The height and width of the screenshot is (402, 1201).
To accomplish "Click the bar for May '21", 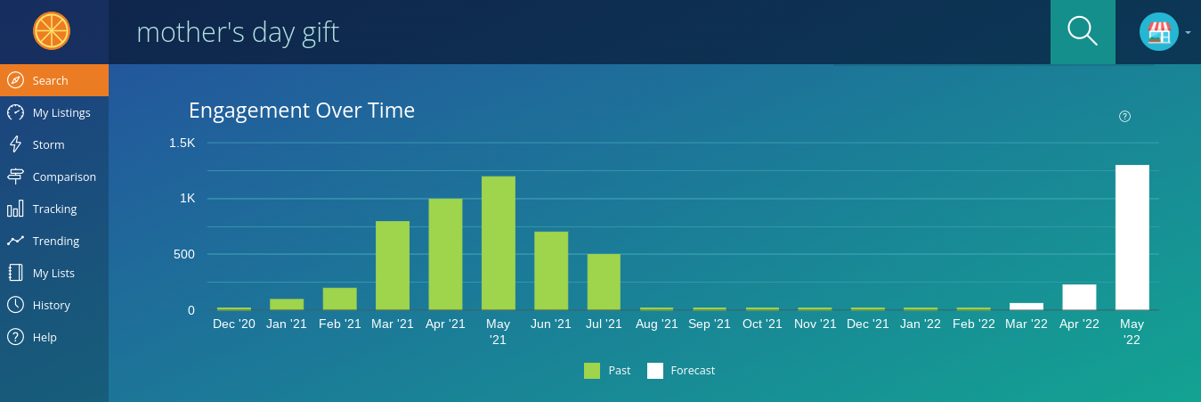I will click(499, 242).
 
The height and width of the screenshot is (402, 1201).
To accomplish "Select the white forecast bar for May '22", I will click(1132, 237).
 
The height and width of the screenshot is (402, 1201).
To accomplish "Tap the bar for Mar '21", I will click(393, 265).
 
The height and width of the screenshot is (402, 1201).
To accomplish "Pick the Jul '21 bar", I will click(604, 282).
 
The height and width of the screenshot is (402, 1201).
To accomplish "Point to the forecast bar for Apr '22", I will click(1079, 297).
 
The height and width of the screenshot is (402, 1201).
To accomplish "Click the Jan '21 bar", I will click(287, 304).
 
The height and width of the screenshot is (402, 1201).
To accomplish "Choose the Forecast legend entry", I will click(681, 371).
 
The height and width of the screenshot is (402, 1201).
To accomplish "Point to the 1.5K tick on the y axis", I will click(182, 143).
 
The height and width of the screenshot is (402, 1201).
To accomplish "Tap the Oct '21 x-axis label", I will click(763, 324).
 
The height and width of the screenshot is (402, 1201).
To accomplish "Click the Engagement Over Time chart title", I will click(302, 111).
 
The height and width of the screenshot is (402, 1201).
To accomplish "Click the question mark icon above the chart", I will click(1124, 117).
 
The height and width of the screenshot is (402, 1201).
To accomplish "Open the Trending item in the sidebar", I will click(55, 241).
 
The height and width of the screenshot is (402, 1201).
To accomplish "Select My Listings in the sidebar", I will click(61, 112).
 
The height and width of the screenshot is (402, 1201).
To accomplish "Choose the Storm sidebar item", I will click(48, 144).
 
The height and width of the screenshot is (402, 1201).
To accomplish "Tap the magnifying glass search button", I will click(1083, 32).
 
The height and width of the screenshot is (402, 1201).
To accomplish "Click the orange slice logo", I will click(52, 31).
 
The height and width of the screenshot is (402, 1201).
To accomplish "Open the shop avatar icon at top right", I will click(1158, 32).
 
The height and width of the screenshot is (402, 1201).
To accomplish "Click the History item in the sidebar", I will click(51, 305).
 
